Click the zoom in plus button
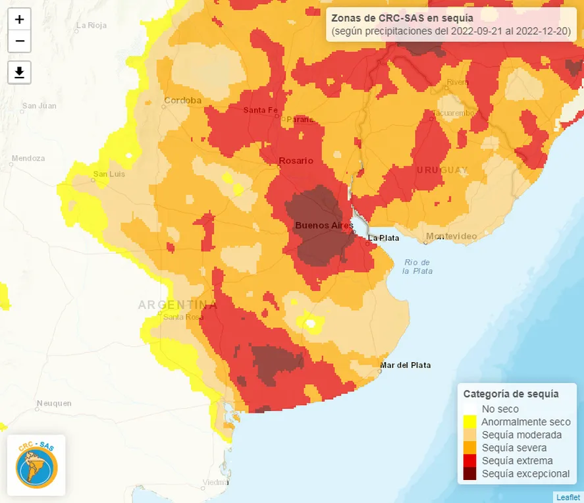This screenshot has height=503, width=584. (20, 20)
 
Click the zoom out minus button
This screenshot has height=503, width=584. (20, 41)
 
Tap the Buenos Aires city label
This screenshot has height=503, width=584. (319, 225)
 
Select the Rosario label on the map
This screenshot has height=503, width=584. (296, 161)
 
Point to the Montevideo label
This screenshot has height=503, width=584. (451, 236)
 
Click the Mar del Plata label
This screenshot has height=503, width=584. (406, 365)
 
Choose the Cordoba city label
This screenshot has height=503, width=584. (182, 100)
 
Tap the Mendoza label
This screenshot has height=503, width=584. (28, 158)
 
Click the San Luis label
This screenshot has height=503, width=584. (109, 174)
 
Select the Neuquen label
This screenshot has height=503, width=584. (54, 402)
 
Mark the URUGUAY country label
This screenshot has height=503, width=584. (442, 170)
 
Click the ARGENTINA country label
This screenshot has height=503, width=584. (177, 304)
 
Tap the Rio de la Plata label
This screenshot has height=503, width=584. (417, 266)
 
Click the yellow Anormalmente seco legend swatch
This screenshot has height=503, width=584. (470, 422)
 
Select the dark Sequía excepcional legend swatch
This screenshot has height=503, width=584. (470, 473)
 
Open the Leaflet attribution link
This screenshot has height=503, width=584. (568, 497)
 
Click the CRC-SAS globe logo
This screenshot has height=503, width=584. (37, 465)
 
